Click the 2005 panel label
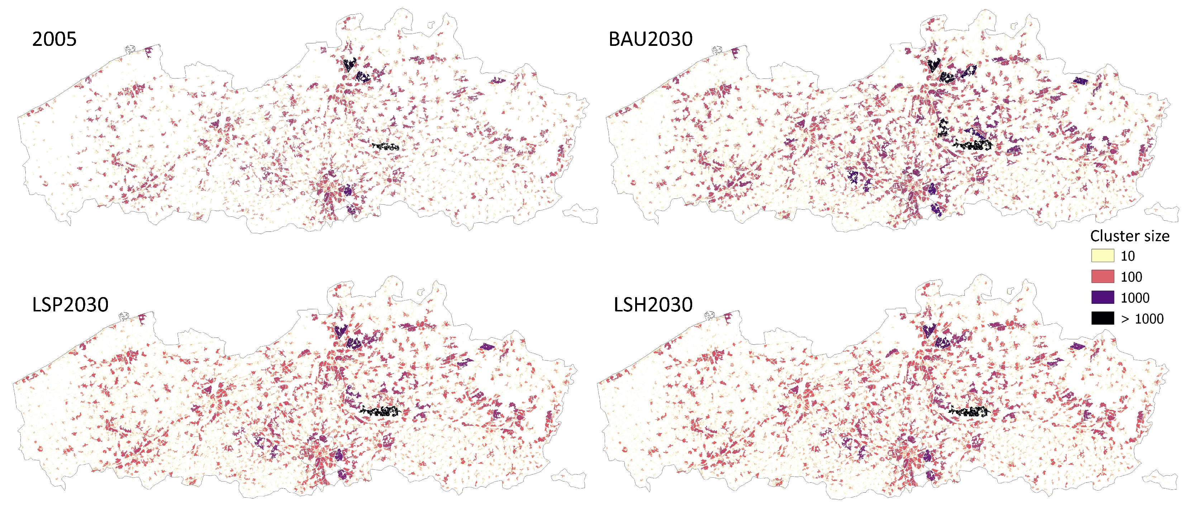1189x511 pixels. coord(54,39)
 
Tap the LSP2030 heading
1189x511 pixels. coord(70,305)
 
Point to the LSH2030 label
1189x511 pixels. coord(653,305)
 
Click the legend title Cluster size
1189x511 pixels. coord(1129,237)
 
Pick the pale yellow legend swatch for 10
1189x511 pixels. coord(1102,256)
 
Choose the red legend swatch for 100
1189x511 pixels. coord(1102,277)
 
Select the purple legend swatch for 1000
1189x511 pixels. coord(1102,297)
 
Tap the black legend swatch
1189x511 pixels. coord(1102,319)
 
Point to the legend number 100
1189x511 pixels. coord(1131,277)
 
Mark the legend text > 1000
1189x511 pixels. coord(1142,319)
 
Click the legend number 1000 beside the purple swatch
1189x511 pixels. coord(1135,298)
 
